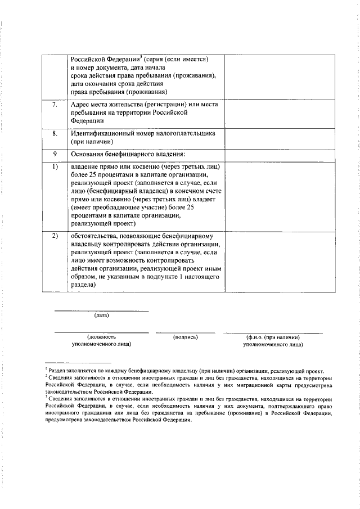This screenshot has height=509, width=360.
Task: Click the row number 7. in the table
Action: (x=55, y=105)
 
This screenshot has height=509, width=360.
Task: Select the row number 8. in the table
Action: (x=55, y=134)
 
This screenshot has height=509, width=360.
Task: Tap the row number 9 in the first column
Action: (x=55, y=154)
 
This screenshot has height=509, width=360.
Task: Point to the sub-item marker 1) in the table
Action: (x=55, y=168)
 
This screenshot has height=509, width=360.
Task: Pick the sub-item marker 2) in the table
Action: (x=55, y=236)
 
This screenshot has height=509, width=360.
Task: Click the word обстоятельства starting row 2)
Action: (x=96, y=236)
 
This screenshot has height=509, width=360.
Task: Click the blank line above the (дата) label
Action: (x=101, y=310)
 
